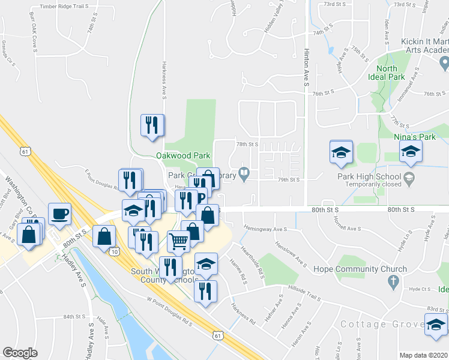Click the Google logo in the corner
(x=20, y=353)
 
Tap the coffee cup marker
(x=59, y=214)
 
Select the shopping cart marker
(x=179, y=242)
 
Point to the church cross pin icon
(x=393, y=281)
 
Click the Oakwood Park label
(x=182, y=155)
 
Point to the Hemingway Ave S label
(x=265, y=229)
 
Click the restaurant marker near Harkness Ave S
(x=152, y=125)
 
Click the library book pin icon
(x=244, y=175)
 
